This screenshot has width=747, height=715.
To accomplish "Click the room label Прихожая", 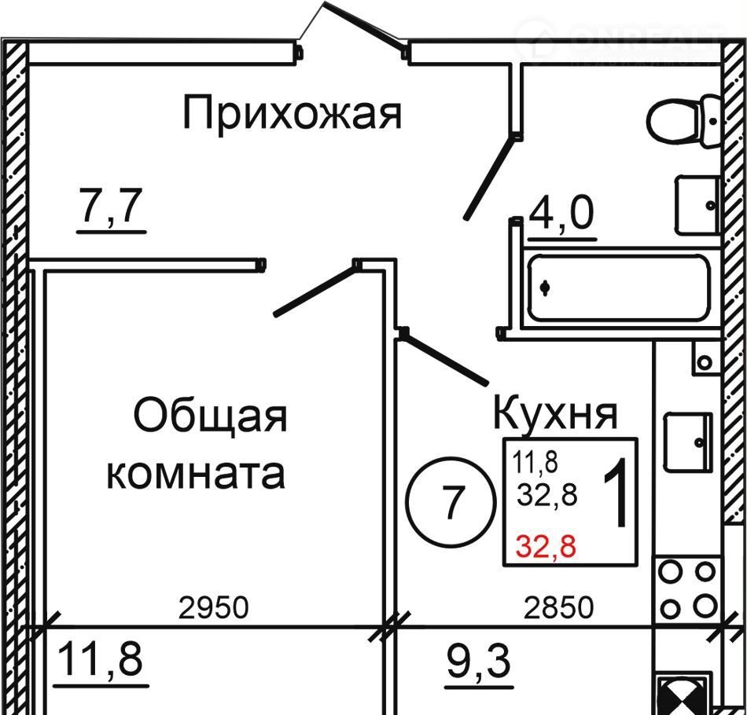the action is tap(292, 112).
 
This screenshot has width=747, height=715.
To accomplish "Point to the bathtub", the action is tap(620, 288).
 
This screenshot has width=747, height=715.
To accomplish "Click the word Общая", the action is tap(211, 416).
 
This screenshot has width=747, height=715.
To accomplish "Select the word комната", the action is tap(195, 473).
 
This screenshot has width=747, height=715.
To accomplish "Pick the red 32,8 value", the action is tap(546, 546).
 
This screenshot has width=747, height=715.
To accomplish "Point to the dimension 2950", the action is tap(214, 608).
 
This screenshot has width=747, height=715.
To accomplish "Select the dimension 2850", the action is tap(558, 608).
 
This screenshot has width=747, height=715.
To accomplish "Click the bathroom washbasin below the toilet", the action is tap(697, 205).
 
